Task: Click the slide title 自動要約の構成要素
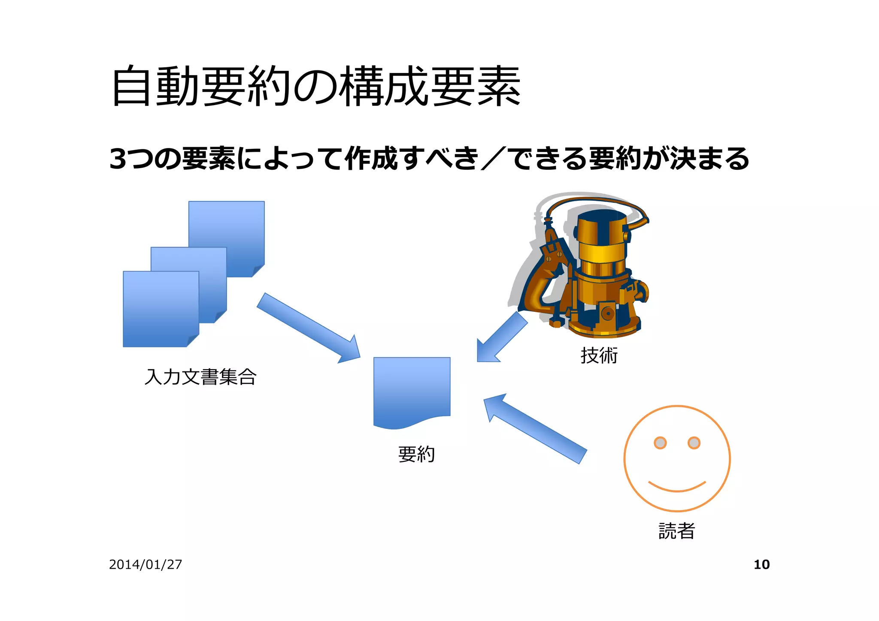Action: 316,86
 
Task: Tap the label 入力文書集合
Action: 200,377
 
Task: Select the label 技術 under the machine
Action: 599,356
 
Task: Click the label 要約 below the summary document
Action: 416,454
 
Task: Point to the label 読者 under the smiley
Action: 676,531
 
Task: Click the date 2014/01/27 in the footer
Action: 145,564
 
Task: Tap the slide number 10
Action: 761,564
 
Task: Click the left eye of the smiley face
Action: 660,443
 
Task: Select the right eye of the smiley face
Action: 694,443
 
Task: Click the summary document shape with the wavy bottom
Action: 412,390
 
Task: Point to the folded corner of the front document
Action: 194,341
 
